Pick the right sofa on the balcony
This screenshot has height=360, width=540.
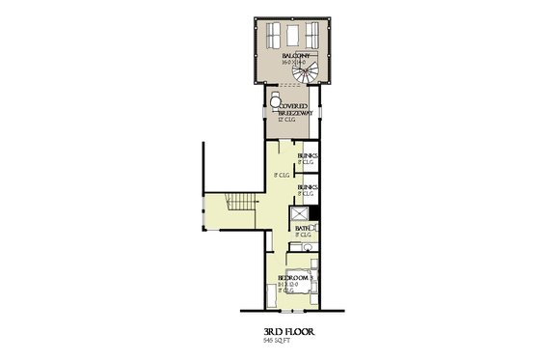pyautogui.click(x=316, y=36)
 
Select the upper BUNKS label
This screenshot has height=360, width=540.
pyautogui.click(x=308, y=155)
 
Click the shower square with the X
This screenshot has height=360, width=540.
pyautogui.click(x=302, y=214)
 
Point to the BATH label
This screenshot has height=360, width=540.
pyautogui.click(x=304, y=228)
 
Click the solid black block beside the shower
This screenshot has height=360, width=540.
pyautogui.click(x=317, y=227)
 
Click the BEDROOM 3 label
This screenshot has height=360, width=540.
pyautogui.click(x=293, y=277)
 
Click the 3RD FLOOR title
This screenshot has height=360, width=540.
pyautogui.click(x=288, y=331)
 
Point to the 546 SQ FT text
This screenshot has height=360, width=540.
pyautogui.click(x=276, y=341)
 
